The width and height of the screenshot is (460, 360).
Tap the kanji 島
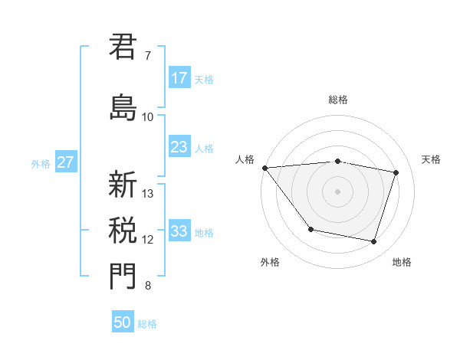click(123, 106)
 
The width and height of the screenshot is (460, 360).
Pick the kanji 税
click(123, 230)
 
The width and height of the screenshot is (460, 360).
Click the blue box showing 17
click(179, 78)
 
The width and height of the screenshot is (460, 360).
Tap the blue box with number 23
click(179, 147)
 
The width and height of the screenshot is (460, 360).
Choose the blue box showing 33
click(179, 231)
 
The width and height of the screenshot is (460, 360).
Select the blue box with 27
click(65, 162)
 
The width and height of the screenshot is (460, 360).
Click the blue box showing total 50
click(123, 322)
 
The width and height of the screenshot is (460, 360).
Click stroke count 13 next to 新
click(149, 193)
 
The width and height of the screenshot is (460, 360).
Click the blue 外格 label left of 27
click(41, 163)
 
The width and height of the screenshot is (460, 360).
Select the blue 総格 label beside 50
click(147, 323)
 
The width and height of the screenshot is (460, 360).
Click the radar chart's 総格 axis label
click(337, 100)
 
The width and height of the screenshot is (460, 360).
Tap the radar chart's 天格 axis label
click(431, 159)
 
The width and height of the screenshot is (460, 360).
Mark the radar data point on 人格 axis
click(264, 168)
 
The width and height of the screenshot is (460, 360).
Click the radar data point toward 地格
click(373, 242)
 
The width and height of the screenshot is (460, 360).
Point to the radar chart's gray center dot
click(337, 191)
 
